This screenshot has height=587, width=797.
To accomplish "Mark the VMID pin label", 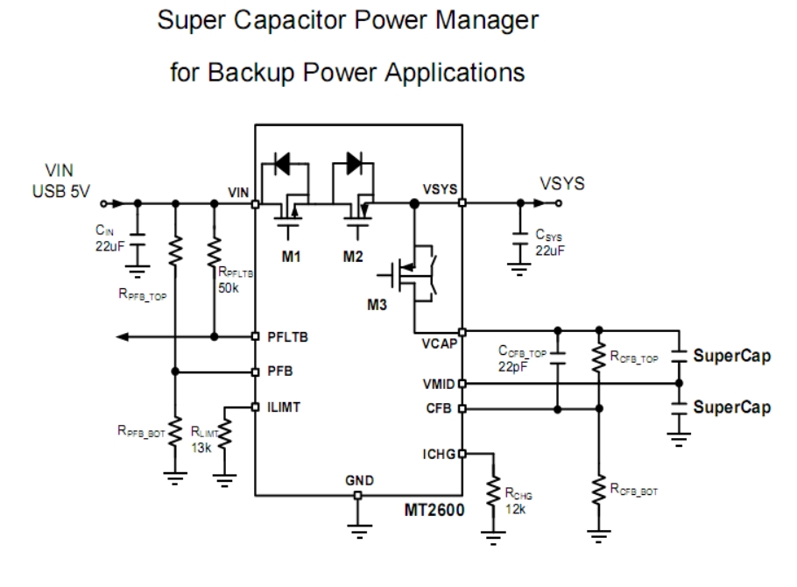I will (x=437, y=384).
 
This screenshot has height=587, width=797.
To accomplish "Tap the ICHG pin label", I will (x=437, y=452).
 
